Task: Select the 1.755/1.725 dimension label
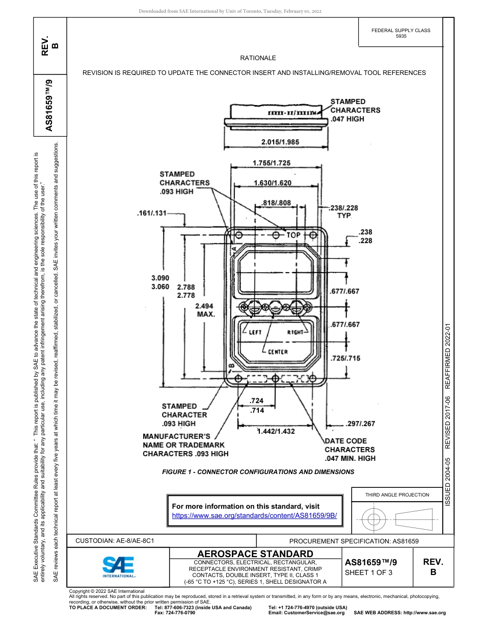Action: (272, 163)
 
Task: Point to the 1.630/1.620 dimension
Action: (273, 182)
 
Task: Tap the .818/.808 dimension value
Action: (276, 203)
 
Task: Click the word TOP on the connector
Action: (293, 235)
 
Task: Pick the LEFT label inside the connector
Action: (255, 332)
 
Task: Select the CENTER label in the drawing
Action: (278, 352)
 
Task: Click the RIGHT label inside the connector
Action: (295, 332)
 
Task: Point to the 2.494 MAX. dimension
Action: (206, 310)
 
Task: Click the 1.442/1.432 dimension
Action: (276, 431)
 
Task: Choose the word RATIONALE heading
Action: (258, 58)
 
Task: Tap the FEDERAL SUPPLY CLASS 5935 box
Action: (400, 33)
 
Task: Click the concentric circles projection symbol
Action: (374, 520)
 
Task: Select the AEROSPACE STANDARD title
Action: (255, 554)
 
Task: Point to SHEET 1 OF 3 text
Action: (369, 572)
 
